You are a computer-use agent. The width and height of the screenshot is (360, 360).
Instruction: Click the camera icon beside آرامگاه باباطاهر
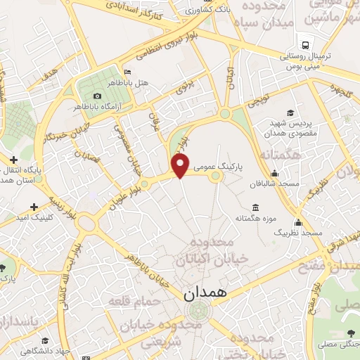pyautogui.click(x=97, y=96)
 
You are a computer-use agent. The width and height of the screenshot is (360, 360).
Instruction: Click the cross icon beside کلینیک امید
pyautogui.click(x=34, y=207)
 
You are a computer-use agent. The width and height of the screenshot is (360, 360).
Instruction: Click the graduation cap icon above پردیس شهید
pyautogui.click(x=289, y=112)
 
